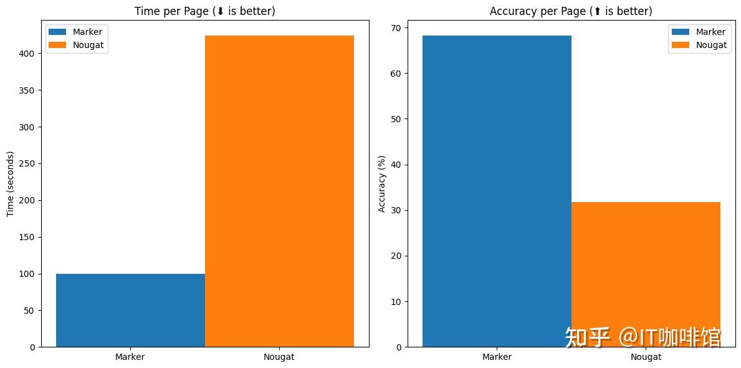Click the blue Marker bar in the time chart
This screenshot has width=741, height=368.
(130, 310)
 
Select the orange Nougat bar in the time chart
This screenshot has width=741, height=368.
(279, 191)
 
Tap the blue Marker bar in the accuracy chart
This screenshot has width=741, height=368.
(497, 191)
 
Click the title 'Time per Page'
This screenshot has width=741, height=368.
(205, 11)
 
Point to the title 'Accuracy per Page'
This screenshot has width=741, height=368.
(571, 11)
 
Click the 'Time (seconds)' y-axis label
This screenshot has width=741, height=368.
(11, 183)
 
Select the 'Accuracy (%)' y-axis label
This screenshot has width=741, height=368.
(382, 183)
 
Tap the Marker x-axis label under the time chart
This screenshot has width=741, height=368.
(130, 357)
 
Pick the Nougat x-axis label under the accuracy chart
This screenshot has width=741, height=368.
(646, 357)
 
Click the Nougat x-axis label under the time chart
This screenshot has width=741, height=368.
(279, 357)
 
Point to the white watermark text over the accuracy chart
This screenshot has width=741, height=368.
(642, 337)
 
